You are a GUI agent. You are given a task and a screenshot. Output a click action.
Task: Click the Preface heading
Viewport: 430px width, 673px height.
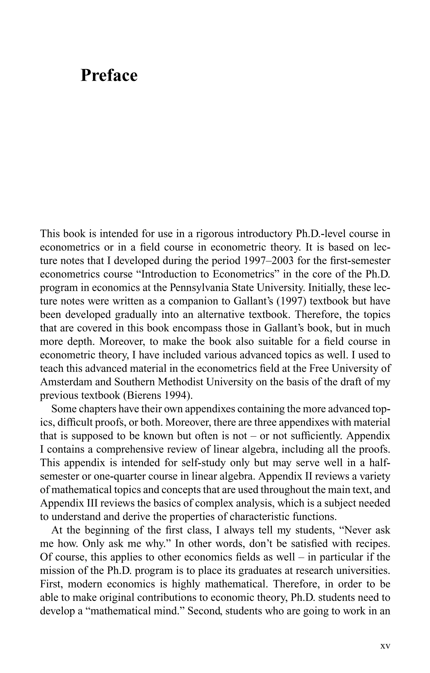pyautogui.click(x=109, y=76)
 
